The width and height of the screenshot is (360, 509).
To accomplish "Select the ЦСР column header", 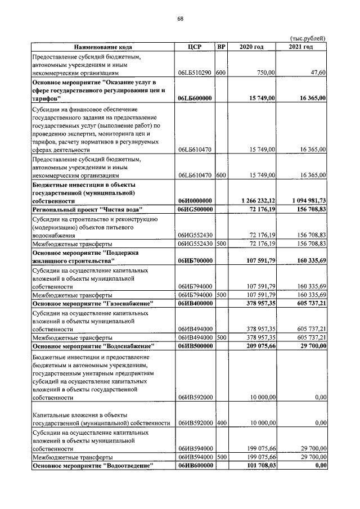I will click(194, 47).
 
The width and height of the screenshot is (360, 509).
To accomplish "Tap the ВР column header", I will click(221, 47).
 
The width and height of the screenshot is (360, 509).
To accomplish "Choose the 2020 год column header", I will click(251, 47).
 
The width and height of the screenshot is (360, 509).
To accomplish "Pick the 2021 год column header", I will click(301, 47).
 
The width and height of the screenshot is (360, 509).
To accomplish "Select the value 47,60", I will click(318, 73).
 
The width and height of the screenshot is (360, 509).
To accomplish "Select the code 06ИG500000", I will click(194, 209).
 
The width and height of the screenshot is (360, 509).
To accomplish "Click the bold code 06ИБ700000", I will click(194, 261).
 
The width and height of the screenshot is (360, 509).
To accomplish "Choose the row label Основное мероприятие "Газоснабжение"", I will click(93, 304).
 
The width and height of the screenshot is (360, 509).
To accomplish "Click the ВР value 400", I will click(221, 422).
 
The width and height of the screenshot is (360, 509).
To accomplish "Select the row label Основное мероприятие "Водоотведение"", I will click(93, 466).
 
